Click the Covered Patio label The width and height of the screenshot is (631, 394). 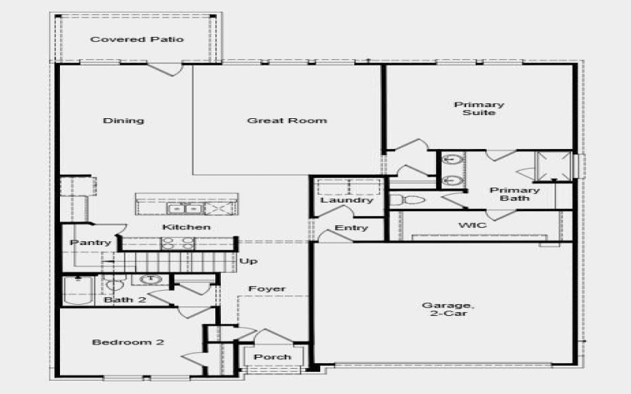click(x=137, y=39)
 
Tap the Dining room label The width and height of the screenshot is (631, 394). click(x=124, y=121)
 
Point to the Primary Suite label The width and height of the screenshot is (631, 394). click(x=479, y=109)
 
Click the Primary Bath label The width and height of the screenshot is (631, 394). click(x=514, y=194)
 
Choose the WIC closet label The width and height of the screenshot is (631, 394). click(x=472, y=225)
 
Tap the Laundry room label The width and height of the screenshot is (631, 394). click(x=347, y=200)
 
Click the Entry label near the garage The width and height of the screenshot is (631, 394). click(x=351, y=228)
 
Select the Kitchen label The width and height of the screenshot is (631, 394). click(x=187, y=228)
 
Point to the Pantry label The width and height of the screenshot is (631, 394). click(x=91, y=243)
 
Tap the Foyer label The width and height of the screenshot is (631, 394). click(x=267, y=289)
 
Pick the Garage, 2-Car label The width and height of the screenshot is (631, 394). click(x=447, y=310)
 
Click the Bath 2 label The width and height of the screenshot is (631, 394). click(x=125, y=300)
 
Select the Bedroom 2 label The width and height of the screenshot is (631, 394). click(x=128, y=342)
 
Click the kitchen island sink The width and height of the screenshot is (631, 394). click(x=183, y=209)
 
